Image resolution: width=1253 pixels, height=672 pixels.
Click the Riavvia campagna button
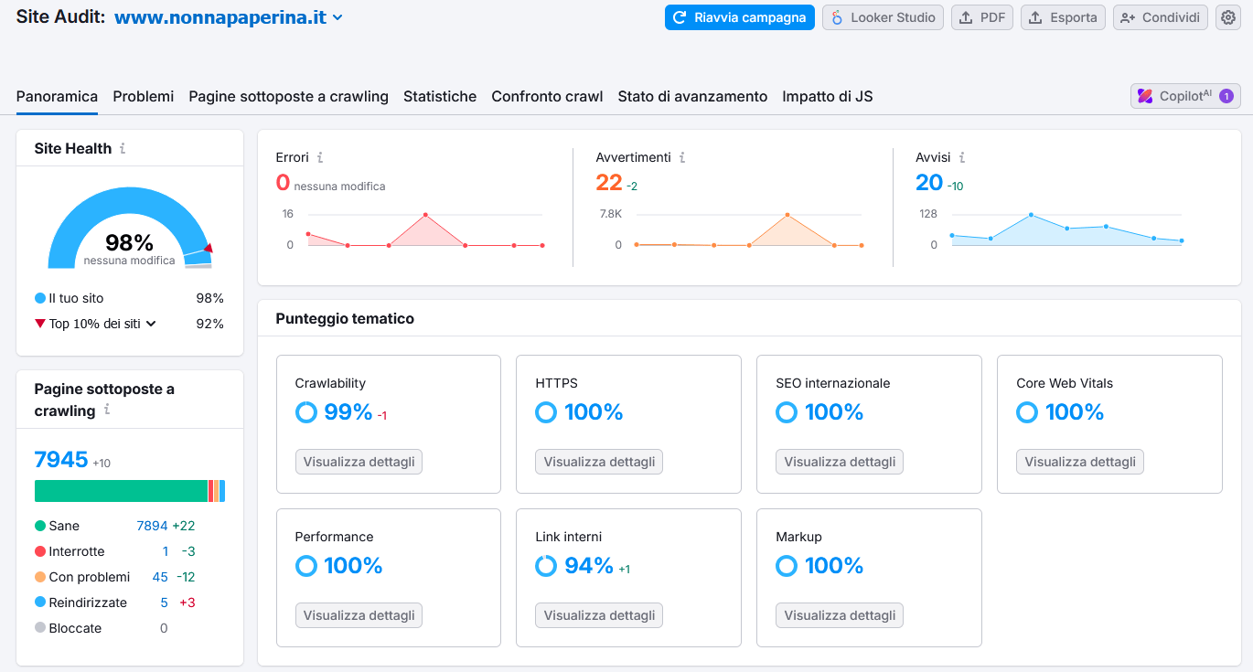[739, 17]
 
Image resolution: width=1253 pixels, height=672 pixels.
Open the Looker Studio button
[883, 17]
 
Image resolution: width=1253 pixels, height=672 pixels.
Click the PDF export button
[982, 17]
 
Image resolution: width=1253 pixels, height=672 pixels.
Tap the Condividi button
[1160, 17]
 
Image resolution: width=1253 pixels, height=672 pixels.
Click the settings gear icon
[1228, 17]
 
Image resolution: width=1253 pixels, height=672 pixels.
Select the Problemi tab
[144, 96]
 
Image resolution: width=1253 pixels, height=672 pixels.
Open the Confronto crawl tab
[547, 96]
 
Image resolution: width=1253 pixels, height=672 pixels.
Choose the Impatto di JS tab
[827, 96]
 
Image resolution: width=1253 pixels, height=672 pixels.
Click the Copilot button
[1185, 96]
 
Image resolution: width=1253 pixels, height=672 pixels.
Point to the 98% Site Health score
[129, 242]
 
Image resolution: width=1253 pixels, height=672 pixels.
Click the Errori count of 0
[283, 183]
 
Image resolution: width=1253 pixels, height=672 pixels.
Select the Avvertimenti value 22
[609, 183]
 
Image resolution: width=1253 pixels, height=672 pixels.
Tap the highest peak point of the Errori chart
[425, 215]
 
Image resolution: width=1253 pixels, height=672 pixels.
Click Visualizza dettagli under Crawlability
[359, 462]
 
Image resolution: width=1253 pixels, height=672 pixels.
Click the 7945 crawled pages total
[61, 459]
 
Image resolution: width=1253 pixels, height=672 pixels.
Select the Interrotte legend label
[77, 551]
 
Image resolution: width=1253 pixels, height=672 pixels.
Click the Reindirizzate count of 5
[165, 603]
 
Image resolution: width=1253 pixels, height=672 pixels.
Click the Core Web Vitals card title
[1065, 383]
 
